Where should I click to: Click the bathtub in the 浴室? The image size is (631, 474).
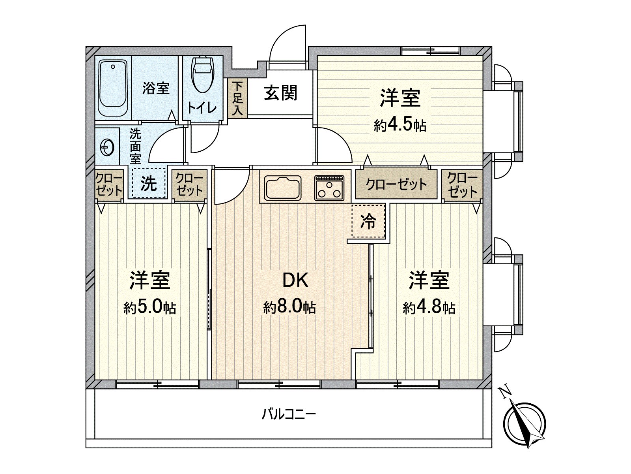(x=113, y=88)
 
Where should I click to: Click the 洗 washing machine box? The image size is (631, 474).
(x=149, y=183)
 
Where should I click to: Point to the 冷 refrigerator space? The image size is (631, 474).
(x=368, y=221)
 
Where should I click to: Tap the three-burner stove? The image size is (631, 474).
(x=329, y=187)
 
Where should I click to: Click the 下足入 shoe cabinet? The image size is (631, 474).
(x=237, y=98)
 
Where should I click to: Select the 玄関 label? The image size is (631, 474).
(x=280, y=93)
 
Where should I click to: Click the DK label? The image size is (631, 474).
(x=295, y=280)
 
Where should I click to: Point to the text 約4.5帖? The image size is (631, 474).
(x=400, y=125)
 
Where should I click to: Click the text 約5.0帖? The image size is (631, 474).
(x=150, y=307)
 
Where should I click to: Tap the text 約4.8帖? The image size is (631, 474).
(x=429, y=307)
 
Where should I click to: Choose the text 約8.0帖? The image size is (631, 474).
(x=289, y=307)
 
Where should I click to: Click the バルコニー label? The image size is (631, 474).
(x=289, y=414)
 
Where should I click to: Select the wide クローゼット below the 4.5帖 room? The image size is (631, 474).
(x=396, y=184)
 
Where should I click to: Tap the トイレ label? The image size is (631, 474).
(x=202, y=107)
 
